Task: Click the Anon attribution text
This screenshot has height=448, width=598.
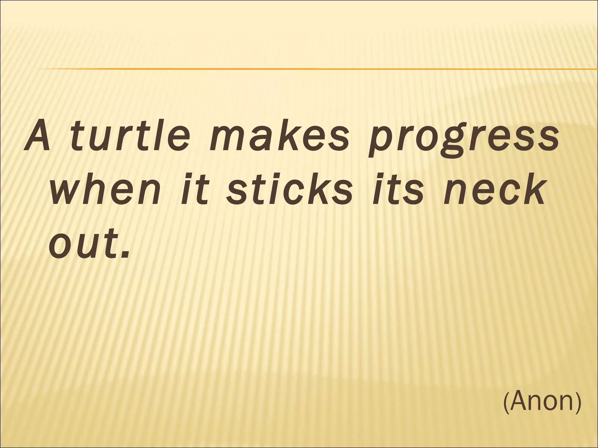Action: [x=542, y=401]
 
